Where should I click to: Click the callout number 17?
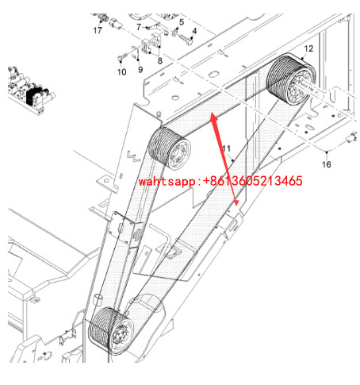pyautogui.click(x=98, y=30)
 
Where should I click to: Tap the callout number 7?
pyautogui.click(x=139, y=27)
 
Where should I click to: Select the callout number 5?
pyautogui.click(x=182, y=22)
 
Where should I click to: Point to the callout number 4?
pyautogui.click(x=194, y=31)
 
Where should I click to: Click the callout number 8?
pyautogui.click(x=160, y=61)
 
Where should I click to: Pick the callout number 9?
pyautogui.click(x=140, y=69)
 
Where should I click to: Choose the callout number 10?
pyautogui.click(x=122, y=71)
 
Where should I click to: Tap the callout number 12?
pyautogui.click(x=308, y=48)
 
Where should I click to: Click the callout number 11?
pyautogui.click(x=227, y=148)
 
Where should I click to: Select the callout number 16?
pyautogui.click(x=327, y=164)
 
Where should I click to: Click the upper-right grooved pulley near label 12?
pyautogui.click(x=291, y=79)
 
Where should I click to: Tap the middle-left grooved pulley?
pyautogui.click(x=170, y=148)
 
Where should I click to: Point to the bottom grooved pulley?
pyautogui.click(x=111, y=331)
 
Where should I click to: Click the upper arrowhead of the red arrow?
pyautogui.click(x=213, y=117)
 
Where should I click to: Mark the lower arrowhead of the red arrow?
pyautogui.click(x=236, y=202)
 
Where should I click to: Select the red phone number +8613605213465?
pyautogui.click(x=253, y=181)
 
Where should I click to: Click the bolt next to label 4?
pyautogui.click(x=186, y=39)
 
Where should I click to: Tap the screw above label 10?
pyautogui.click(x=121, y=57)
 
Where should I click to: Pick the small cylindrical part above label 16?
pyautogui.click(x=351, y=138)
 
